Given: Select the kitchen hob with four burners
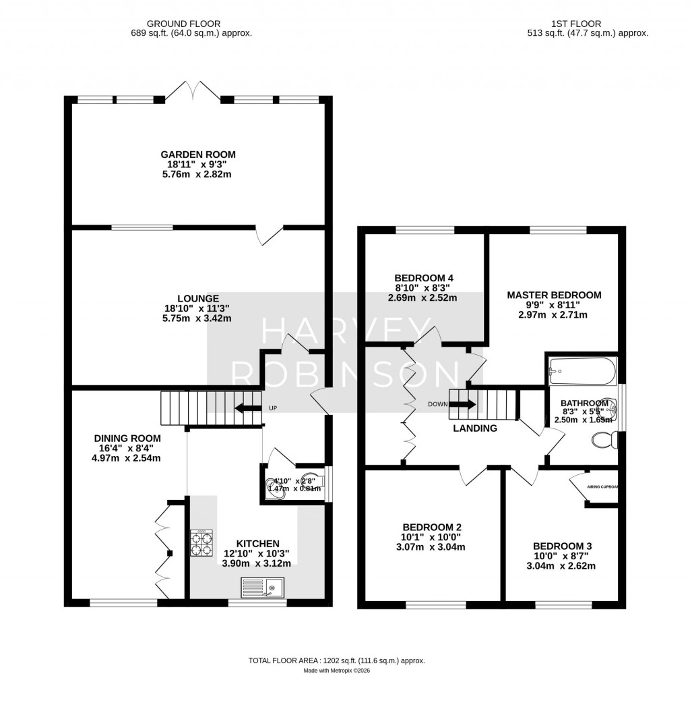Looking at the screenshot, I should [201, 543].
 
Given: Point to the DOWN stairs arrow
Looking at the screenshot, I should [462, 405].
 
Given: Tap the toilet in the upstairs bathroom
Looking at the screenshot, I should [604, 441].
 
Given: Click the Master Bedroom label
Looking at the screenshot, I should [554, 295].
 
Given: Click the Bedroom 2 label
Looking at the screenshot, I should [432, 527].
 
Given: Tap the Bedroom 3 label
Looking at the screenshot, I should [562, 546].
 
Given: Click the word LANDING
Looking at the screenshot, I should [475, 428].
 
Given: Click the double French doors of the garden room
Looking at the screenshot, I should [194, 91].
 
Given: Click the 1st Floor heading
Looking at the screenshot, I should [588, 23].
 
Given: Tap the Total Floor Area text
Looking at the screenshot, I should [337, 661].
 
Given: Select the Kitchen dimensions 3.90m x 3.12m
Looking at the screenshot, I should [257, 563].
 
